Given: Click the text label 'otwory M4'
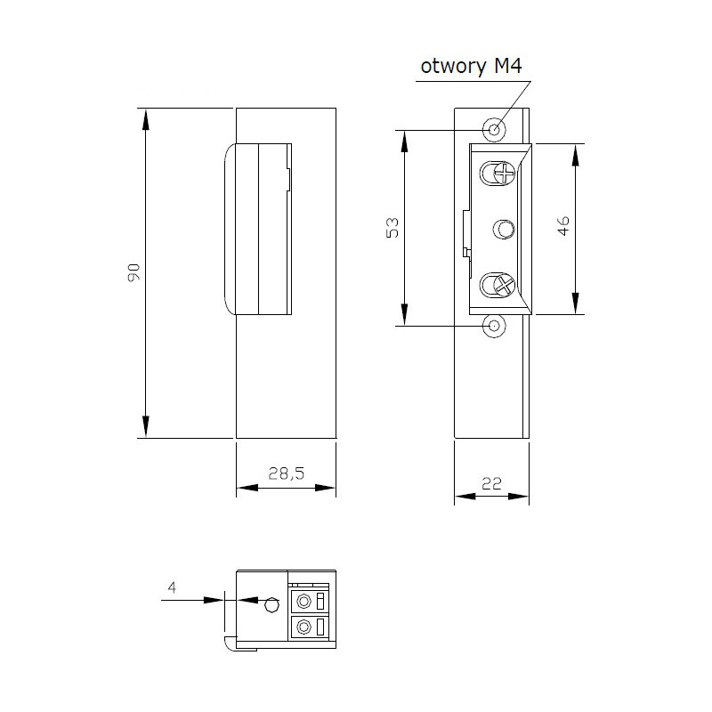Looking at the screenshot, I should (x=470, y=69).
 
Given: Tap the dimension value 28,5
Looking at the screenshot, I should (x=286, y=475).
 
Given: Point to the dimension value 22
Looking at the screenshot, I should (x=492, y=483).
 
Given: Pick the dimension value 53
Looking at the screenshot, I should (x=392, y=227).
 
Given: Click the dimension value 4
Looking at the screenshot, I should (x=172, y=587).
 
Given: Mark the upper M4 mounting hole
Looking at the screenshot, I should (x=495, y=129).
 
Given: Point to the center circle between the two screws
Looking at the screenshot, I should (x=505, y=229).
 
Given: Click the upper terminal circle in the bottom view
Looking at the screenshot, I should (x=304, y=600).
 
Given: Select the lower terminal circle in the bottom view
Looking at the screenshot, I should (x=304, y=627).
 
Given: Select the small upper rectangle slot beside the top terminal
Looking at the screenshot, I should (x=320, y=600).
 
